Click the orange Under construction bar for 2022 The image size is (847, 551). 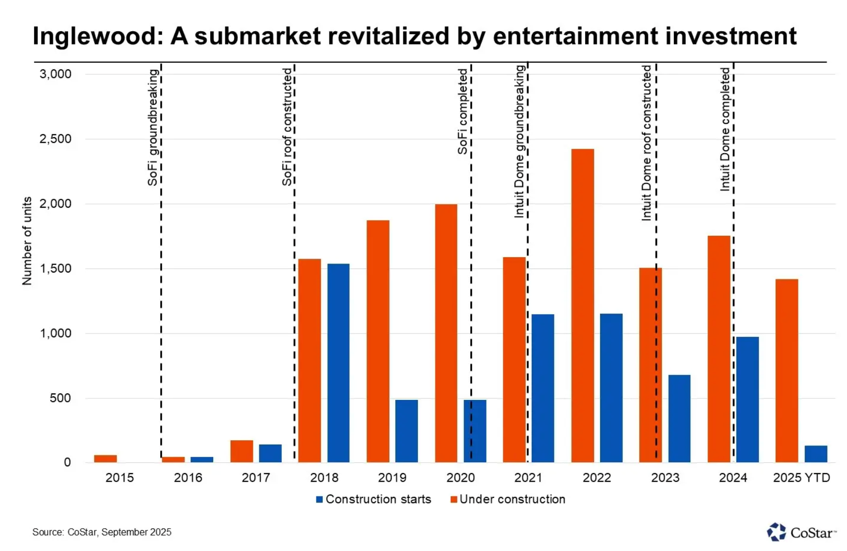(x=582, y=305)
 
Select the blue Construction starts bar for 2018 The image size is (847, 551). (x=338, y=363)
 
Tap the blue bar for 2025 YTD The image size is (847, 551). (x=816, y=454)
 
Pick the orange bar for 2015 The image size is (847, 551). (x=105, y=458)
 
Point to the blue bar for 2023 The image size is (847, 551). (x=679, y=418)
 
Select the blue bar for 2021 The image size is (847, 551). (x=543, y=388)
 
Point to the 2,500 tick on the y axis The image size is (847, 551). (x=56, y=139)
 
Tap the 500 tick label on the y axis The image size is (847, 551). (x=60, y=398)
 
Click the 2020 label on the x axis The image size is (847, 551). (x=460, y=478)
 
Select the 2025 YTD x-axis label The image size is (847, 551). (x=801, y=478)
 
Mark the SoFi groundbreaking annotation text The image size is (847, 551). (x=153, y=127)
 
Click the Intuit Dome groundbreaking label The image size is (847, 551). (x=519, y=141)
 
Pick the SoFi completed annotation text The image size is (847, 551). (x=462, y=111)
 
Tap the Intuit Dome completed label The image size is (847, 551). (x=725, y=129)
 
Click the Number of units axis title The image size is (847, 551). (x=27, y=241)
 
